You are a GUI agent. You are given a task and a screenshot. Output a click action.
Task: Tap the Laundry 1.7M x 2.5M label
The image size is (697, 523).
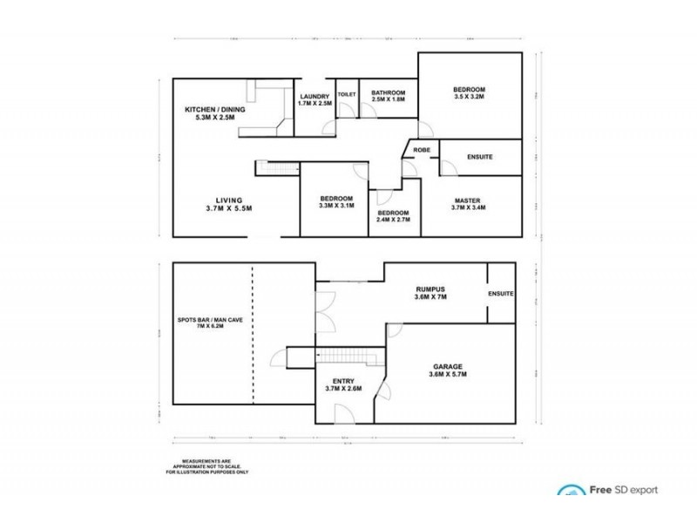coord(314,99)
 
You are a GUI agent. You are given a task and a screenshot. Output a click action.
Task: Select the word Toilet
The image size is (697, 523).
coord(347,93)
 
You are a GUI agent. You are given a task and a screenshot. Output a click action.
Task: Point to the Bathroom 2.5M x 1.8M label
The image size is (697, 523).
coord(389,97)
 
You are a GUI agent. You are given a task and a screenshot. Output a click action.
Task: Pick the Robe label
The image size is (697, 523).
coord(421,150)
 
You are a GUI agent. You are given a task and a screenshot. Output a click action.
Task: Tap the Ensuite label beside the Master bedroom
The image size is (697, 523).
coord(479,157)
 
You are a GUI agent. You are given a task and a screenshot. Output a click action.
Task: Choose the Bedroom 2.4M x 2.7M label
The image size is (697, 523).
coord(393,217)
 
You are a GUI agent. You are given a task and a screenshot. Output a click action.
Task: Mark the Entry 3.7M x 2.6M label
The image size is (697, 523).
coord(343,384)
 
